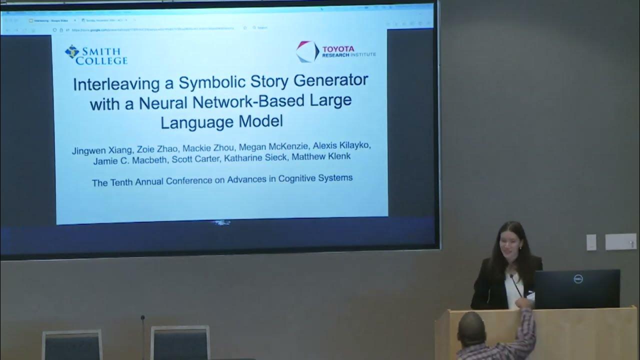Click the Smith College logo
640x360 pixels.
tap(96, 55)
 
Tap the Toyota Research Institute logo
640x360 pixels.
tap(335, 51)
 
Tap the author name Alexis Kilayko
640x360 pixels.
tap(342, 145)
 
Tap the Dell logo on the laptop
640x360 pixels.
tap(578, 279)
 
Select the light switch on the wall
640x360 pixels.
tap(591, 242)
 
